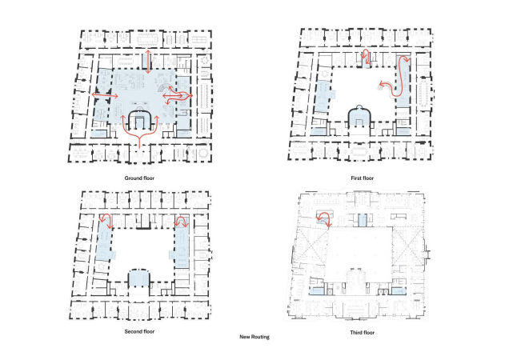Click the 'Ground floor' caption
pyautogui.click(x=139, y=178)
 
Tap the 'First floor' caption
pyautogui.click(x=362, y=178)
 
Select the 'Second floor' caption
pyautogui.click(x=139, y=331)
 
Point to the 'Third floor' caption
pyautogui.click(x=362, y=333)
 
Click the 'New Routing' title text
pyautogui.click(x=254, y=337)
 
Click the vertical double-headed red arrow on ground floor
pyautogui.click(x=148, y=62)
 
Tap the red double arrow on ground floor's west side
pyautogui.click(x=105, y=95)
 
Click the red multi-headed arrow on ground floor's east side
pyautogui.click(x=177, y=96)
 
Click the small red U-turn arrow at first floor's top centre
pyautogui.click(x=366, y=56)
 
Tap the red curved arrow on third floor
pyautogui.click(x=325, y=218)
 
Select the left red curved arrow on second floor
pyautogui.click(x=106, y=219)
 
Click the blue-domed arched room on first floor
pyautogui.click(x=359, y=117)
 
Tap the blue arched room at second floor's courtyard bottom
pyautogui.click(x=139, y=278)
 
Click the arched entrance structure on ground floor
pyautogui.click(x=139, y=120)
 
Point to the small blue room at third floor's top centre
pyautogui.click(x=363, y=220)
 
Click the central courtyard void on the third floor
pyautogui.click(x=360, y=250)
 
